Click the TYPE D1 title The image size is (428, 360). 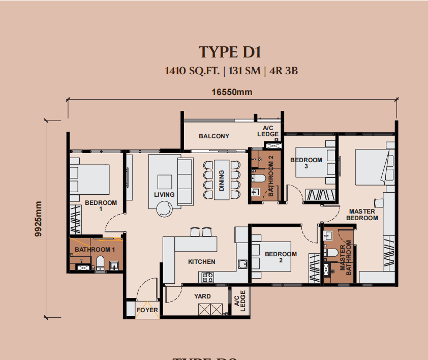pos(230,52)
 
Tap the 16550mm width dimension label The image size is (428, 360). pos(232,92)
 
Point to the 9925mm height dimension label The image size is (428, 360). pos(39,219)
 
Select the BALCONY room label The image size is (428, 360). pos(214,136)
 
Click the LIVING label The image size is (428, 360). pos(164,194)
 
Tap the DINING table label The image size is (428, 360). pos(221,181)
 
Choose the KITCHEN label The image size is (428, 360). pos(202,262)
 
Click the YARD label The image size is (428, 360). pos(202,296)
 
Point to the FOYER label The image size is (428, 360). pos(147,310)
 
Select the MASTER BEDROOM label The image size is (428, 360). pos(362,215)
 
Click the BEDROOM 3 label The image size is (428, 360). pos(307,163)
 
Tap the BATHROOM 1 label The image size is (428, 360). pos(95,249)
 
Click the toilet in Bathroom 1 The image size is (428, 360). pos(100,262)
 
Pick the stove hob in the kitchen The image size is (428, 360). pos(207,278)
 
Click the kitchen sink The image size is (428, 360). pos(242,264)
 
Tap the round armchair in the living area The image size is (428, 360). pos(165,209)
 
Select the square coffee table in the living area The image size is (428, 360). pos(165,182)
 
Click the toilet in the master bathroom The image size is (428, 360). pos(331,252)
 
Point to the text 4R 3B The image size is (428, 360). pos(284,71)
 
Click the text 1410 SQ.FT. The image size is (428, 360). pos(192,71)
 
